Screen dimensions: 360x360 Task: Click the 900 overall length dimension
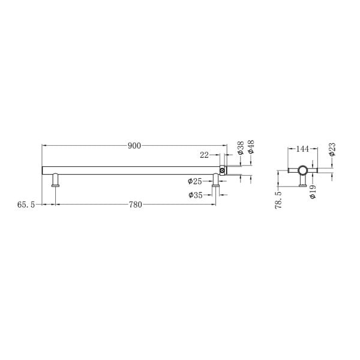coord(134,146)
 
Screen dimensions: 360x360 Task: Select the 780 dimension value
coord(136,205)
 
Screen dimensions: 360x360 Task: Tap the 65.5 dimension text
coord(26,205)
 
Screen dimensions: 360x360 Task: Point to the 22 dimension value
coord(204,155)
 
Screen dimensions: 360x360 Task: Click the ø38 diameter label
coord(240,148)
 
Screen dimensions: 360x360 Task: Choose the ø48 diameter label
coord(251,147)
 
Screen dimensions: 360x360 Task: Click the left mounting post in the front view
coord(55,180)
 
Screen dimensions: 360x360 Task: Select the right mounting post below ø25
coord(215,180)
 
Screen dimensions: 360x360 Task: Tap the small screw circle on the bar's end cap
coord(223,171)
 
